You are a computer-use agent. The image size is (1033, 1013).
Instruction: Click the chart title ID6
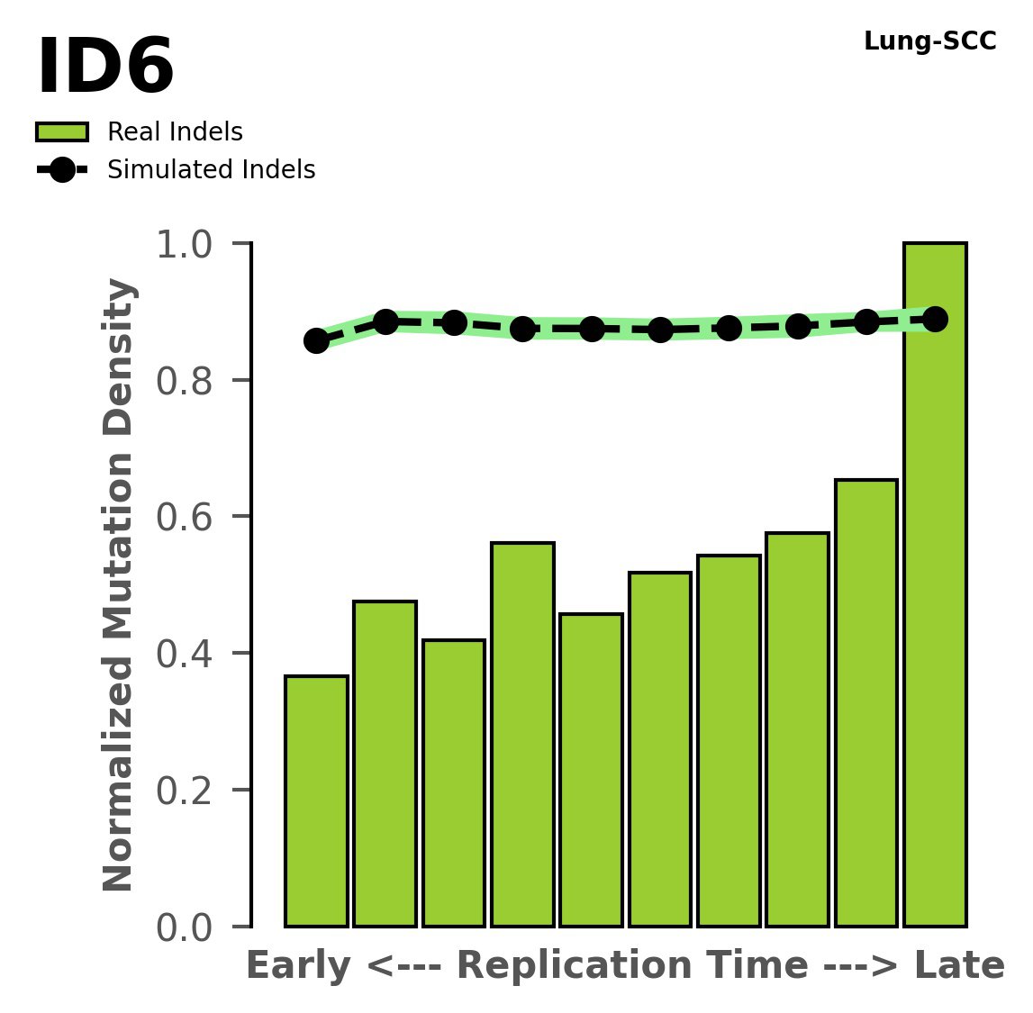coord(105,68)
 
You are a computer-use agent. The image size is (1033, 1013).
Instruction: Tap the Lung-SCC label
coord(929,41)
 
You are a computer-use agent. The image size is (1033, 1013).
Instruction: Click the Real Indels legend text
coord(175,132)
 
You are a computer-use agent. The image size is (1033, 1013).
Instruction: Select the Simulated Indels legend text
coord(211,170)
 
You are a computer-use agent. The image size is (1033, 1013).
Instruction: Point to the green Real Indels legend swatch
coord(62,132)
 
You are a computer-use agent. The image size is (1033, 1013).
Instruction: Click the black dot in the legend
coord(62,170)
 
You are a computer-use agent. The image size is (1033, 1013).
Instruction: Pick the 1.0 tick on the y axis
coord(190,245)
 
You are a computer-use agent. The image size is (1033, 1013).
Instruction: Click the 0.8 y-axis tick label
coord(190,382)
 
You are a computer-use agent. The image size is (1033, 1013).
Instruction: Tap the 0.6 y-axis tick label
coord(190,518)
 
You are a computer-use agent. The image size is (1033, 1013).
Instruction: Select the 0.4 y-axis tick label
coord(190,655)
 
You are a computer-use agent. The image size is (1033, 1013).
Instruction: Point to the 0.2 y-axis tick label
coord(190,791)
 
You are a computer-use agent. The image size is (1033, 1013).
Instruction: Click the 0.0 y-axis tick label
coord(190,927)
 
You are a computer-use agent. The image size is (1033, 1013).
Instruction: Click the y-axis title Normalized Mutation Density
coord(119,585)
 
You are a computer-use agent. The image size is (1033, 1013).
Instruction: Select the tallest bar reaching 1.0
coord(935,585)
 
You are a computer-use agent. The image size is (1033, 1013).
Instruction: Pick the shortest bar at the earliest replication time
coord(316,801)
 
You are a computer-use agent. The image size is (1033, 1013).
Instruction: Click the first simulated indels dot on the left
coord(316,340)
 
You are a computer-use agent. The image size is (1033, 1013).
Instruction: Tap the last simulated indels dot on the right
coord(935,319)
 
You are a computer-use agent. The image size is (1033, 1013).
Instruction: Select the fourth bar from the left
coord(522,734)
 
